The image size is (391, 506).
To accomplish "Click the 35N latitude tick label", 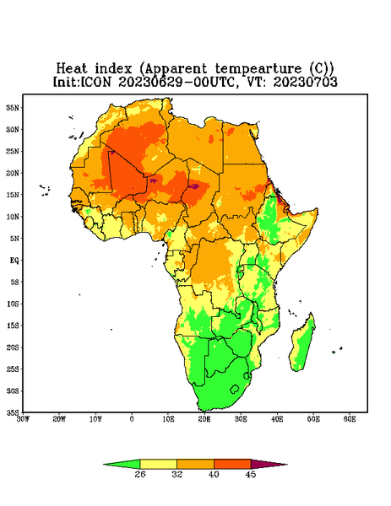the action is (13, 108).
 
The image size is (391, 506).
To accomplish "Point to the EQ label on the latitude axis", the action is (14, 261).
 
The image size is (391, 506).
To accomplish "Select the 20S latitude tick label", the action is (13, 347).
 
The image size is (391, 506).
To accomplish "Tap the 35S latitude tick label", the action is (13, 412).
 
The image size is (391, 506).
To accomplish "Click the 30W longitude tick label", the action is (23, 419).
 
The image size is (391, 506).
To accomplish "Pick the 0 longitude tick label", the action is (132, 419).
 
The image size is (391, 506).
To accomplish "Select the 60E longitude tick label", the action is (350, 419).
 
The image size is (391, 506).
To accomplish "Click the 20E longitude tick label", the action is (204, 419).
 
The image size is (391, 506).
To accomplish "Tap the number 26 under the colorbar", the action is (140, 474).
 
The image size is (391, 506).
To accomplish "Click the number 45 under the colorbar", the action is (251, 474).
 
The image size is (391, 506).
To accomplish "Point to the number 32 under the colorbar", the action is (177, 474).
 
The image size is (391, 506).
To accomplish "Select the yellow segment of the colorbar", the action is (158, 464).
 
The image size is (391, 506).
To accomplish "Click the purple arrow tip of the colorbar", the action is (287, 465).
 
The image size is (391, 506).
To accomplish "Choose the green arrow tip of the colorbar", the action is (104, 465).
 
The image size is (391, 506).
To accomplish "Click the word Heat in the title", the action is (72, 69).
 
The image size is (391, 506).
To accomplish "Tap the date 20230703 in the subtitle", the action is (306, 82).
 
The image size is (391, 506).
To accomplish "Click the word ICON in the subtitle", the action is (96, 82).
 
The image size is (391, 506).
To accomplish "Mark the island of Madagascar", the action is (302, 344).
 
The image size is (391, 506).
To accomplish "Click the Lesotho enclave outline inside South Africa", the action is (235, 389).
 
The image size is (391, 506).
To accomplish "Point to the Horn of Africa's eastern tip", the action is (318, 209).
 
